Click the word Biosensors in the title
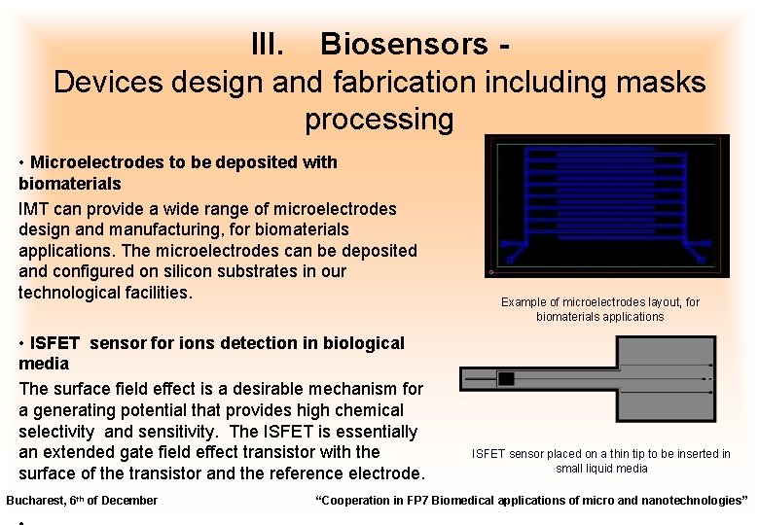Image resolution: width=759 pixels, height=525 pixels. pos(404,44)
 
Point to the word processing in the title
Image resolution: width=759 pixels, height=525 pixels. pos(379,120)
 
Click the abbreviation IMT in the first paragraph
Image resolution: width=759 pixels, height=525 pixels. pos(35,208)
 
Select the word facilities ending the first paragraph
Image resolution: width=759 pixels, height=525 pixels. pos(154,292)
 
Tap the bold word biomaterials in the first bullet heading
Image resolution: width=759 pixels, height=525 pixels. pos(70,183)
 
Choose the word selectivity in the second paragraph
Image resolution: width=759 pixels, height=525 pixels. pos(56,431)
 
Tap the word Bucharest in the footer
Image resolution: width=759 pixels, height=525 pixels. pos(35,501)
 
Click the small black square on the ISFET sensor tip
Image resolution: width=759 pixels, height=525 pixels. pos(506,377)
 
